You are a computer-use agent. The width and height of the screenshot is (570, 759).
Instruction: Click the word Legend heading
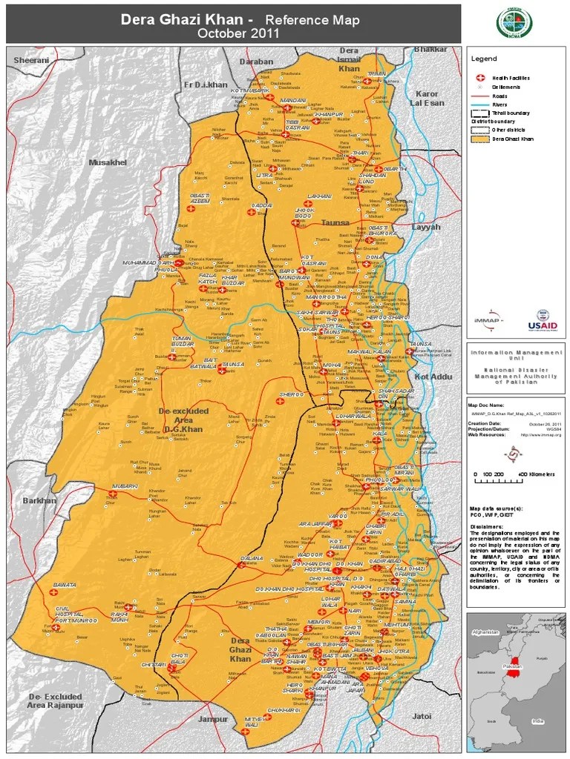(x=484, y=59)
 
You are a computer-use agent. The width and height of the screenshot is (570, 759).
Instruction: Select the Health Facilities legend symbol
(x=479, y=78)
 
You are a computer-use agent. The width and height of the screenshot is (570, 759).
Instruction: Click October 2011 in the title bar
(x=237, y=33)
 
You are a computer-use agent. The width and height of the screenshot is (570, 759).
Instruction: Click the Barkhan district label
(x=39, y=501)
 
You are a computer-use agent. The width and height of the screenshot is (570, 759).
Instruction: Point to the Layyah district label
(x=426, y=227)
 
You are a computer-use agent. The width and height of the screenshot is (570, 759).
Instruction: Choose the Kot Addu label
(x=434, y=377)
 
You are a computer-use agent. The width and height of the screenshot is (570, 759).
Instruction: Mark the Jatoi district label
(x=422, y=716)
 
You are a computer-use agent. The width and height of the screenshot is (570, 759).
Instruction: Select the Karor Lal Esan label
(x=427, y=99)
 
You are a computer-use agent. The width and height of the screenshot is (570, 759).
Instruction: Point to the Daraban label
(x=256, y=62)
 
